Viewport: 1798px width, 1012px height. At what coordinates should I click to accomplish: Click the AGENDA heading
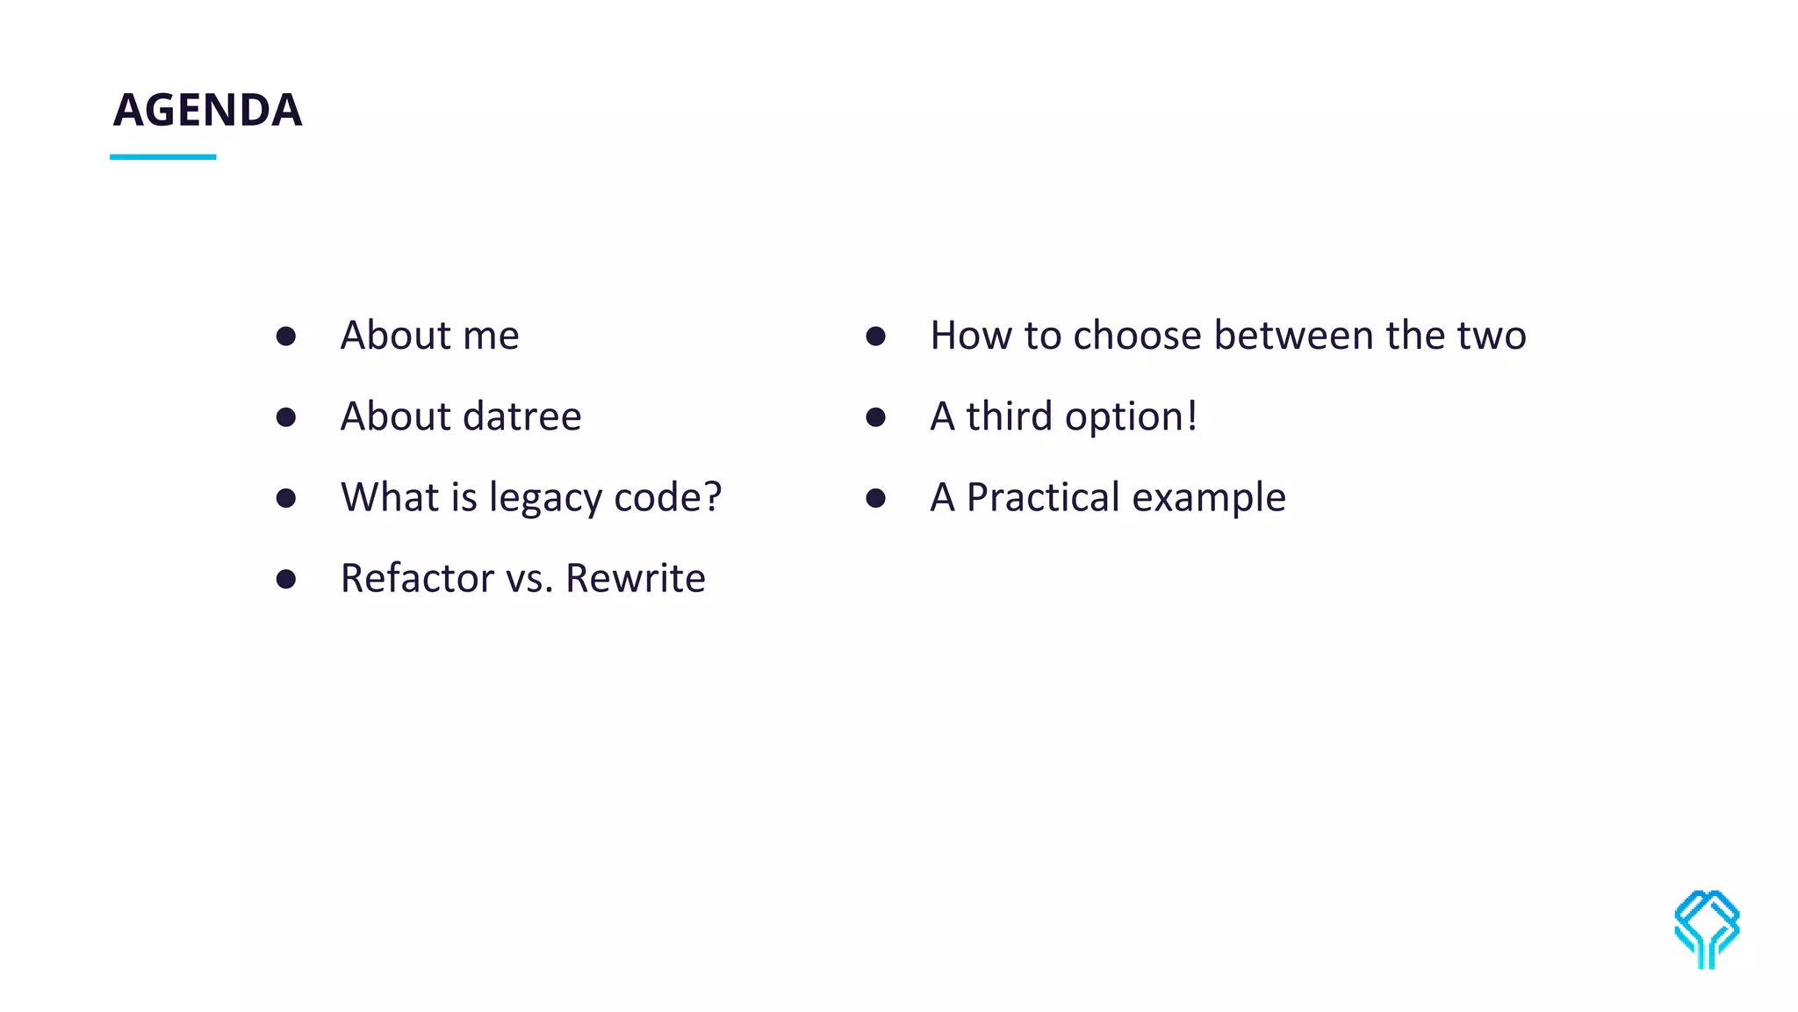coord(207,111)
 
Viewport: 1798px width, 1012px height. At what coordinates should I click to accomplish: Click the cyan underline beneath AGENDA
coord(162,157)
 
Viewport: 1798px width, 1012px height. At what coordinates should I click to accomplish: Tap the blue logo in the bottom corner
coord(1706,929)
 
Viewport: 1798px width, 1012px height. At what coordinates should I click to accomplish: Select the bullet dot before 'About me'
coord(285,336)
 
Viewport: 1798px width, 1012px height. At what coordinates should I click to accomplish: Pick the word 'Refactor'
coord(417,578)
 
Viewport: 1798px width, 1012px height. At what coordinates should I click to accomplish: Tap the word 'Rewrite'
coord(635,578)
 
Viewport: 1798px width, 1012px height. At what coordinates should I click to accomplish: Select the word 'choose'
coord(1136,336)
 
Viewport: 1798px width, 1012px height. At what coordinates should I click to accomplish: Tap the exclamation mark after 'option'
coord(1191,416)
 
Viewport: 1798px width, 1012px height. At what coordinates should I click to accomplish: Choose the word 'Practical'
coord(1042,497)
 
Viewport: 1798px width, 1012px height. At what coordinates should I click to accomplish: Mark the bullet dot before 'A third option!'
coord(875,416)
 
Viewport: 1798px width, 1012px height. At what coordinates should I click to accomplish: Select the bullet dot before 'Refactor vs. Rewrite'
coord(285,579)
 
